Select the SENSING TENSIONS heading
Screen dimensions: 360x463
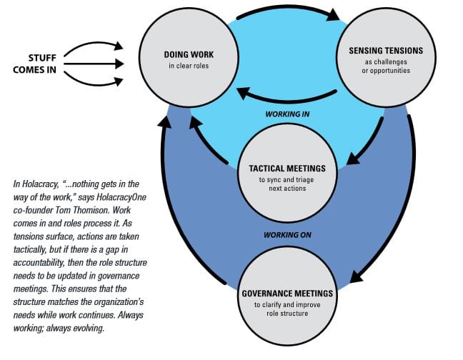click(387, 51)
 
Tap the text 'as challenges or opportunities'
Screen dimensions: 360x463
click(387, 66)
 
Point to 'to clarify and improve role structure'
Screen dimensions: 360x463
click(287, 309)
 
